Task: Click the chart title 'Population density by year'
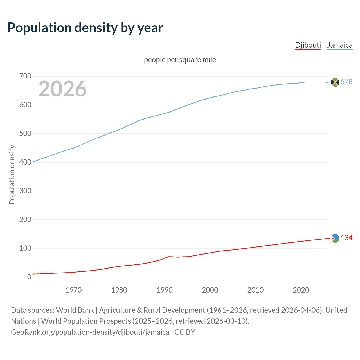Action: [85, 28]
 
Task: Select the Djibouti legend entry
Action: [308, 45]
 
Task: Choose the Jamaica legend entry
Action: [340, 45]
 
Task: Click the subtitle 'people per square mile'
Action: [180, 60]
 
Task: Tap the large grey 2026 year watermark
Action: [62, 89]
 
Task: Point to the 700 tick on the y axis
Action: [25, 76]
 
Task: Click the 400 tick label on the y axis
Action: [25, 162]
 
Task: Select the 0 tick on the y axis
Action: [29, 277]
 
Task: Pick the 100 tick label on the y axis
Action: [25, 248]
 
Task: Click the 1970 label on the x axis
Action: [74, 290]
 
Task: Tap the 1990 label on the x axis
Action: [165, 290]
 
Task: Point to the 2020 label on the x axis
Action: [301, 290]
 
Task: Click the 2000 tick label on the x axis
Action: [210, 290]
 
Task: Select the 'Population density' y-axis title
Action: [12, 174]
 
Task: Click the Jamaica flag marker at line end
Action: [335, 82]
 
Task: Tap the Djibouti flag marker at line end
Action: [335, 238]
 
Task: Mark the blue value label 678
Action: [346, 82]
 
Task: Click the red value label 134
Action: [346, 238]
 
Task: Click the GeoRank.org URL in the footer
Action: [90, 332]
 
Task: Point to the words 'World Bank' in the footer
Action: [75, 310]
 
